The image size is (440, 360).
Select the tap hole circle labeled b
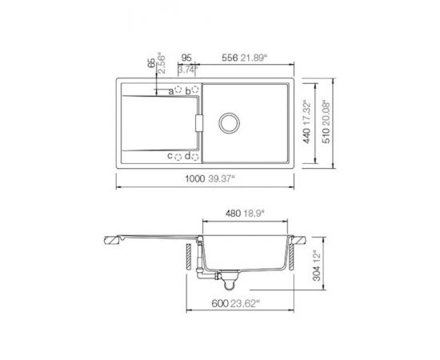point(196,91)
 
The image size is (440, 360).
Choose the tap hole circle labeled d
point(196,155)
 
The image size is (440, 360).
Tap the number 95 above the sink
point(186,58)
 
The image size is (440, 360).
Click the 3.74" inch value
point(186,69)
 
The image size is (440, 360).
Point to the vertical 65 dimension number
point(150,64)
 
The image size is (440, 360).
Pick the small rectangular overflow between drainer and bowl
point(199,123)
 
